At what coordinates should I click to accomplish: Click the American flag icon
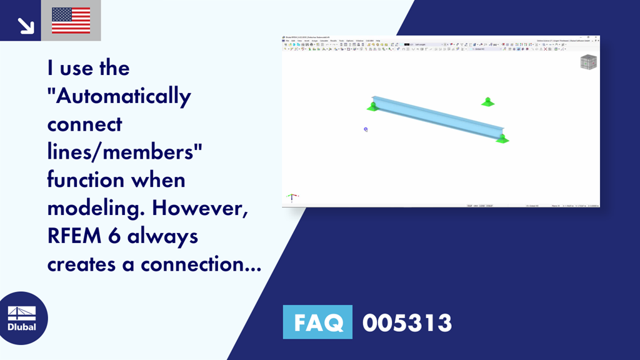pyautogui.click(x=71, y=21)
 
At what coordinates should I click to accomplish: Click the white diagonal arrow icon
pyautogui.click(x=25, y=25)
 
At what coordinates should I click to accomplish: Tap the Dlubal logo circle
pyautogui.click(x=21, y=318)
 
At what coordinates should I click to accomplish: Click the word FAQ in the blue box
pyautogui.click(x=317, y=322)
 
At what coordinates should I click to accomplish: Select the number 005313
pyautogui.click(x=407, y=322)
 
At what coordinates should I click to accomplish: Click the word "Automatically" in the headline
pyautogui.click(x=119, y=96)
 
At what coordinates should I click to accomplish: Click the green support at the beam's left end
pyautogui.click(x=373, y=107)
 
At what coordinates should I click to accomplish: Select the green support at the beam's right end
pyautogui.click(x=502, y=139)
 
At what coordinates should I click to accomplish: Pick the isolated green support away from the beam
pyautogui.click(x=487, y=102)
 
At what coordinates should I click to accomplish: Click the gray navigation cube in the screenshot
pyautogui.click(x=588, y=62)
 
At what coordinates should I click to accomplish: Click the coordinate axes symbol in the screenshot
pyautogui.click(x=291, y=197)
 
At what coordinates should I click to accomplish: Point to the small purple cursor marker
pyautogui.click(x=366, y=129)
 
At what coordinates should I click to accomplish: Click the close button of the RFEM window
pyautogui.click(x=597, y=37)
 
